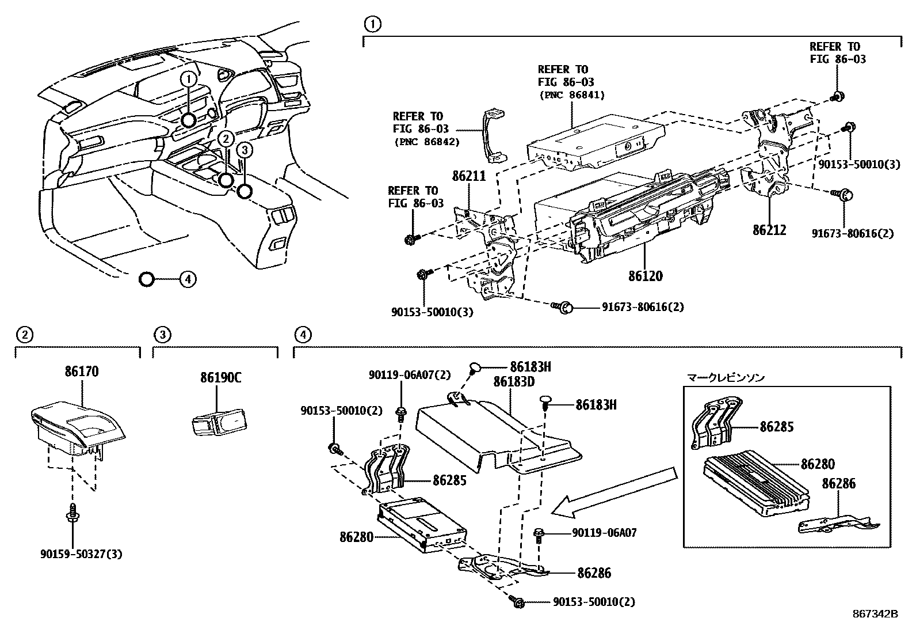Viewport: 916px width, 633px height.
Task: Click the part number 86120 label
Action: coord(645,276)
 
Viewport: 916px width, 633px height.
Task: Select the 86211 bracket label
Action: coord(469,176)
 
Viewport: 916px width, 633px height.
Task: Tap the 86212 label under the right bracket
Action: coord(769,230)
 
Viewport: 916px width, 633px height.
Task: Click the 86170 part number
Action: coord(81,372)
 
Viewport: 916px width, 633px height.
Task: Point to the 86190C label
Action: coord(220,378)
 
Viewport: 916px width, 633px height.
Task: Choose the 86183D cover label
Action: coord(514,382)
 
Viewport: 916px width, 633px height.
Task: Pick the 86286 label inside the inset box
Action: coord(838,483)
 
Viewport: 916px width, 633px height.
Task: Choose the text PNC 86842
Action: coord(426,142)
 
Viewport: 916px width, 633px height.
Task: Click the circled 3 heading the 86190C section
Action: coord(162,333)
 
